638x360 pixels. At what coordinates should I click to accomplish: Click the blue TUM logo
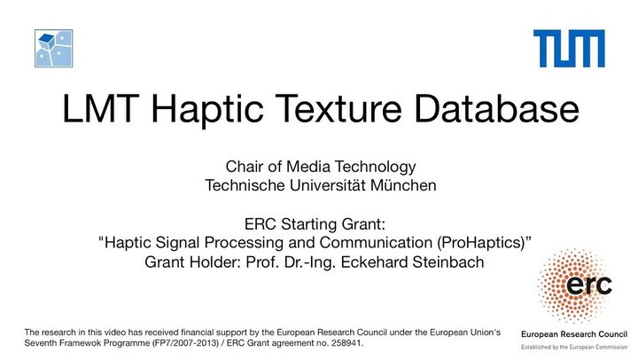[x=569, y=49]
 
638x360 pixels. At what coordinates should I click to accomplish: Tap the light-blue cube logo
[x=54, y=49]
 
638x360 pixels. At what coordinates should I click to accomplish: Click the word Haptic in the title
[x=207, y=109]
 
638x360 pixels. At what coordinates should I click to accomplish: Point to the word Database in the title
[x=496, y=108]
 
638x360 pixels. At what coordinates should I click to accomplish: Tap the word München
[x=403, y=185]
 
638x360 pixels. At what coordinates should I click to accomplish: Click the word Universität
[x=327, y=185]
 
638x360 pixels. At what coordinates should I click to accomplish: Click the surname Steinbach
[x=448, y=262]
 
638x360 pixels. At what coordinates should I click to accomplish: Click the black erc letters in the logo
[x=588, y=285]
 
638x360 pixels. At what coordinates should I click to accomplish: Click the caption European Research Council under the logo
[x=574, y=334]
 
